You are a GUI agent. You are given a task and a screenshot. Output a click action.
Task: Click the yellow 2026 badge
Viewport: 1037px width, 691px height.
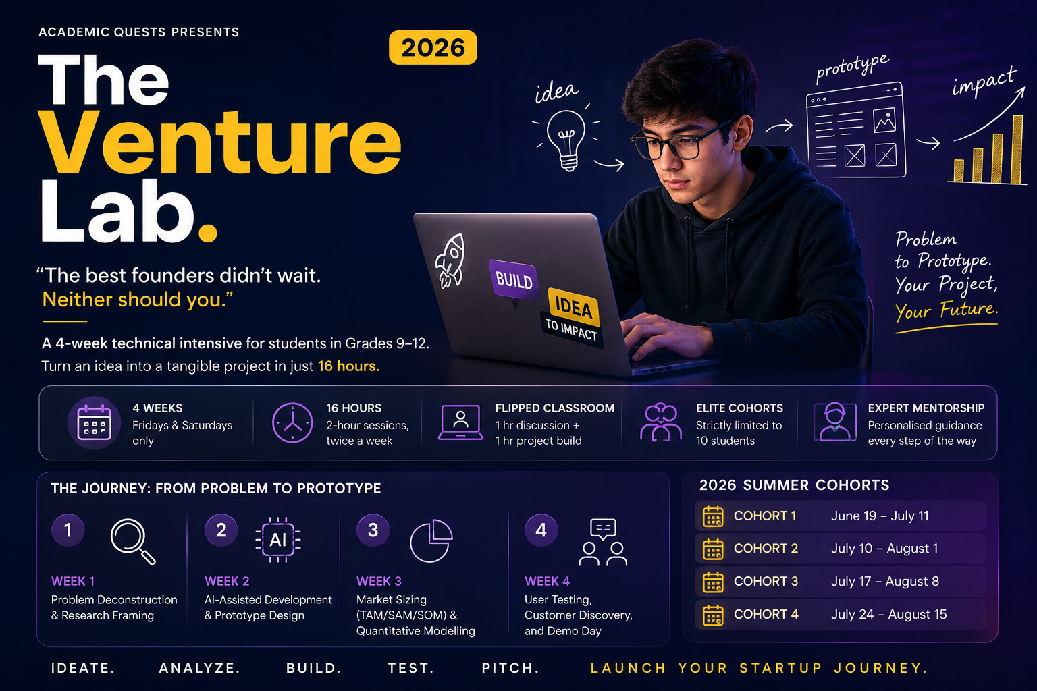(433, 48)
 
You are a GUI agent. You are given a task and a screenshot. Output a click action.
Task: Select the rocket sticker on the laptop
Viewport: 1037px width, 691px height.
(450, 260)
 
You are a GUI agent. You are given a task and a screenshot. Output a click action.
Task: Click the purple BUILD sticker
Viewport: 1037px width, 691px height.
(514, 280)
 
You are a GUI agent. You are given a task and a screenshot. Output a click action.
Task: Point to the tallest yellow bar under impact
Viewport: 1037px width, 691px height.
(1017, 149)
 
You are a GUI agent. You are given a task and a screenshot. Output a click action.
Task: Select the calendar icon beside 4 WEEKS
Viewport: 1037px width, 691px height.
(95, 422)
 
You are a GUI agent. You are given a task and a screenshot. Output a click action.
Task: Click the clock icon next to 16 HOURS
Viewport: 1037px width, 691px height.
(292, 423)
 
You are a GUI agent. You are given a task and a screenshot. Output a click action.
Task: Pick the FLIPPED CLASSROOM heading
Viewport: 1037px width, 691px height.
(554, 408)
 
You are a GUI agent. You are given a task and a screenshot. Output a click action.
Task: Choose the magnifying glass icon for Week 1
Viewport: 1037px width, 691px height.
(133, 541)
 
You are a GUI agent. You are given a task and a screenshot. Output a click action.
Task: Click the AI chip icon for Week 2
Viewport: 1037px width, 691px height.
(277, 540)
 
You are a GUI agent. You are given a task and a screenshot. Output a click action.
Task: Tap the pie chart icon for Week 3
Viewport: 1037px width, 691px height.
(431, 541)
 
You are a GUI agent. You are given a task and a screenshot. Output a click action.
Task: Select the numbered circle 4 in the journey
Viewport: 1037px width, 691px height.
(541, 530)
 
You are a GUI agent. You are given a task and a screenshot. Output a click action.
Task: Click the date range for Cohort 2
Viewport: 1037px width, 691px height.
(884, 549)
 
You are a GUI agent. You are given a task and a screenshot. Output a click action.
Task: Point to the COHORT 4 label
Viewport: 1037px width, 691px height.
(766, 614)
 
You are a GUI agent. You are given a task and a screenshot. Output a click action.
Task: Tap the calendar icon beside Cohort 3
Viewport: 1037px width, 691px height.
(713, 582)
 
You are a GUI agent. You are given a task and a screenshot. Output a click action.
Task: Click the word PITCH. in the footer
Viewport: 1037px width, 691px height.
(510, 668)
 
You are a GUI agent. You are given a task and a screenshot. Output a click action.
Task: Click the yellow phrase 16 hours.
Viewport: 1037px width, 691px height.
(348, 366)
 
